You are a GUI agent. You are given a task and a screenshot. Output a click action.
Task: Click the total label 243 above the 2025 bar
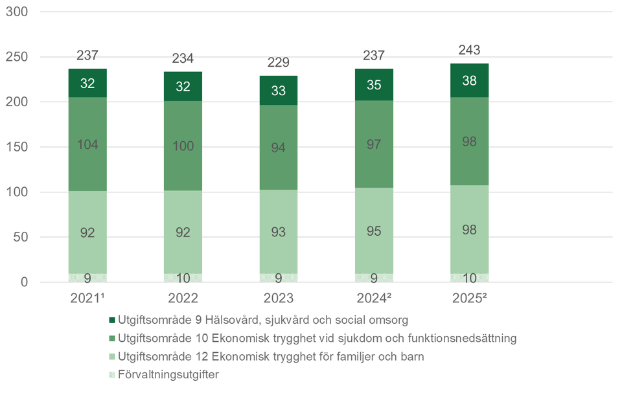pos(470,50)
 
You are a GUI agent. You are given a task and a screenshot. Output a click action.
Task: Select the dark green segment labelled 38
pos(470,80)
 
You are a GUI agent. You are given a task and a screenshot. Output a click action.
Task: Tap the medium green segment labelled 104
pos(87,144)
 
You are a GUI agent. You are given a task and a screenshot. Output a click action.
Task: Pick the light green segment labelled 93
pos(279,232)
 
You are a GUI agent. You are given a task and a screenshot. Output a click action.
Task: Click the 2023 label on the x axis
pos(279,299)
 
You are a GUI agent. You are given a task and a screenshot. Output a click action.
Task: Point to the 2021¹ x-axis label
pos(87,299)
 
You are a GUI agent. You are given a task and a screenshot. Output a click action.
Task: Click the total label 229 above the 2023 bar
pos(279,63)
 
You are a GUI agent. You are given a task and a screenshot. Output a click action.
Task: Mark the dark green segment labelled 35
pos(374,85)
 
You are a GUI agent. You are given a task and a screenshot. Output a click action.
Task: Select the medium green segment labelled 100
pos(183,146)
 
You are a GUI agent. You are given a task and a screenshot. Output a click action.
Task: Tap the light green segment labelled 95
pos(374,231)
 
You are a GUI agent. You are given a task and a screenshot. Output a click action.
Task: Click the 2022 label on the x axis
pos(183,299)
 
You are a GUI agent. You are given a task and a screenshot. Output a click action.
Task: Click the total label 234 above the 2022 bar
pos(183,59)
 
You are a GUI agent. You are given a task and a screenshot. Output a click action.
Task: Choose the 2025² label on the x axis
pos(470,299)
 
